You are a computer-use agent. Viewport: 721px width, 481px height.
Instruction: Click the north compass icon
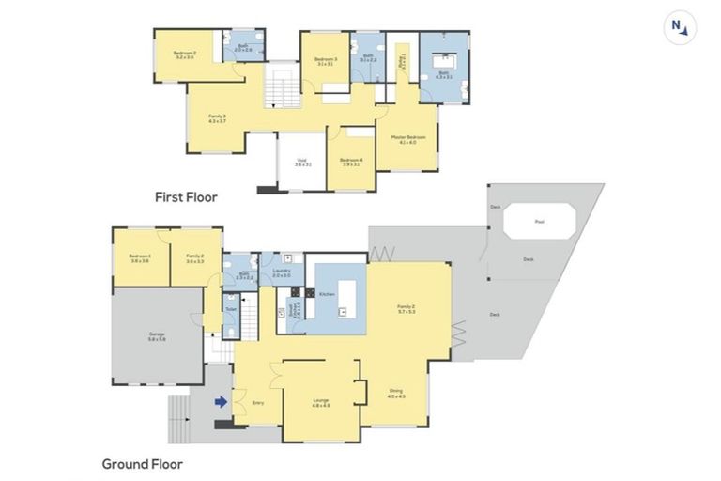tap(679, 27)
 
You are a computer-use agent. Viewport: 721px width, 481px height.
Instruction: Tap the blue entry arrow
tap(221, 402)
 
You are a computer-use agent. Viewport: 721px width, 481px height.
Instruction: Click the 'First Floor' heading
tap(186, 197)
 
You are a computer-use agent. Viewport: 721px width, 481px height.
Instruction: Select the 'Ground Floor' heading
tap(142, 463)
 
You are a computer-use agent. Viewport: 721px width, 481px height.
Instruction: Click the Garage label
tap(156, 335)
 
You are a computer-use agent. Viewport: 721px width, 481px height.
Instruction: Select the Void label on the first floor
tap(301, 162)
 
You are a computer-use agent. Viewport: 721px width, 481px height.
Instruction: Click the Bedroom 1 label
tap(141, 257)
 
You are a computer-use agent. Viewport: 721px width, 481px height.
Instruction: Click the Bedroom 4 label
tap(350, 162)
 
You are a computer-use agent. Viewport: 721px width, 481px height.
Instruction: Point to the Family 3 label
tap(217, 118)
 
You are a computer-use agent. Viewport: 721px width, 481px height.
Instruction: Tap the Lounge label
tap(321, 402)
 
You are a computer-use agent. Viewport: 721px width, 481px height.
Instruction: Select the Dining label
tap(398, 394)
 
